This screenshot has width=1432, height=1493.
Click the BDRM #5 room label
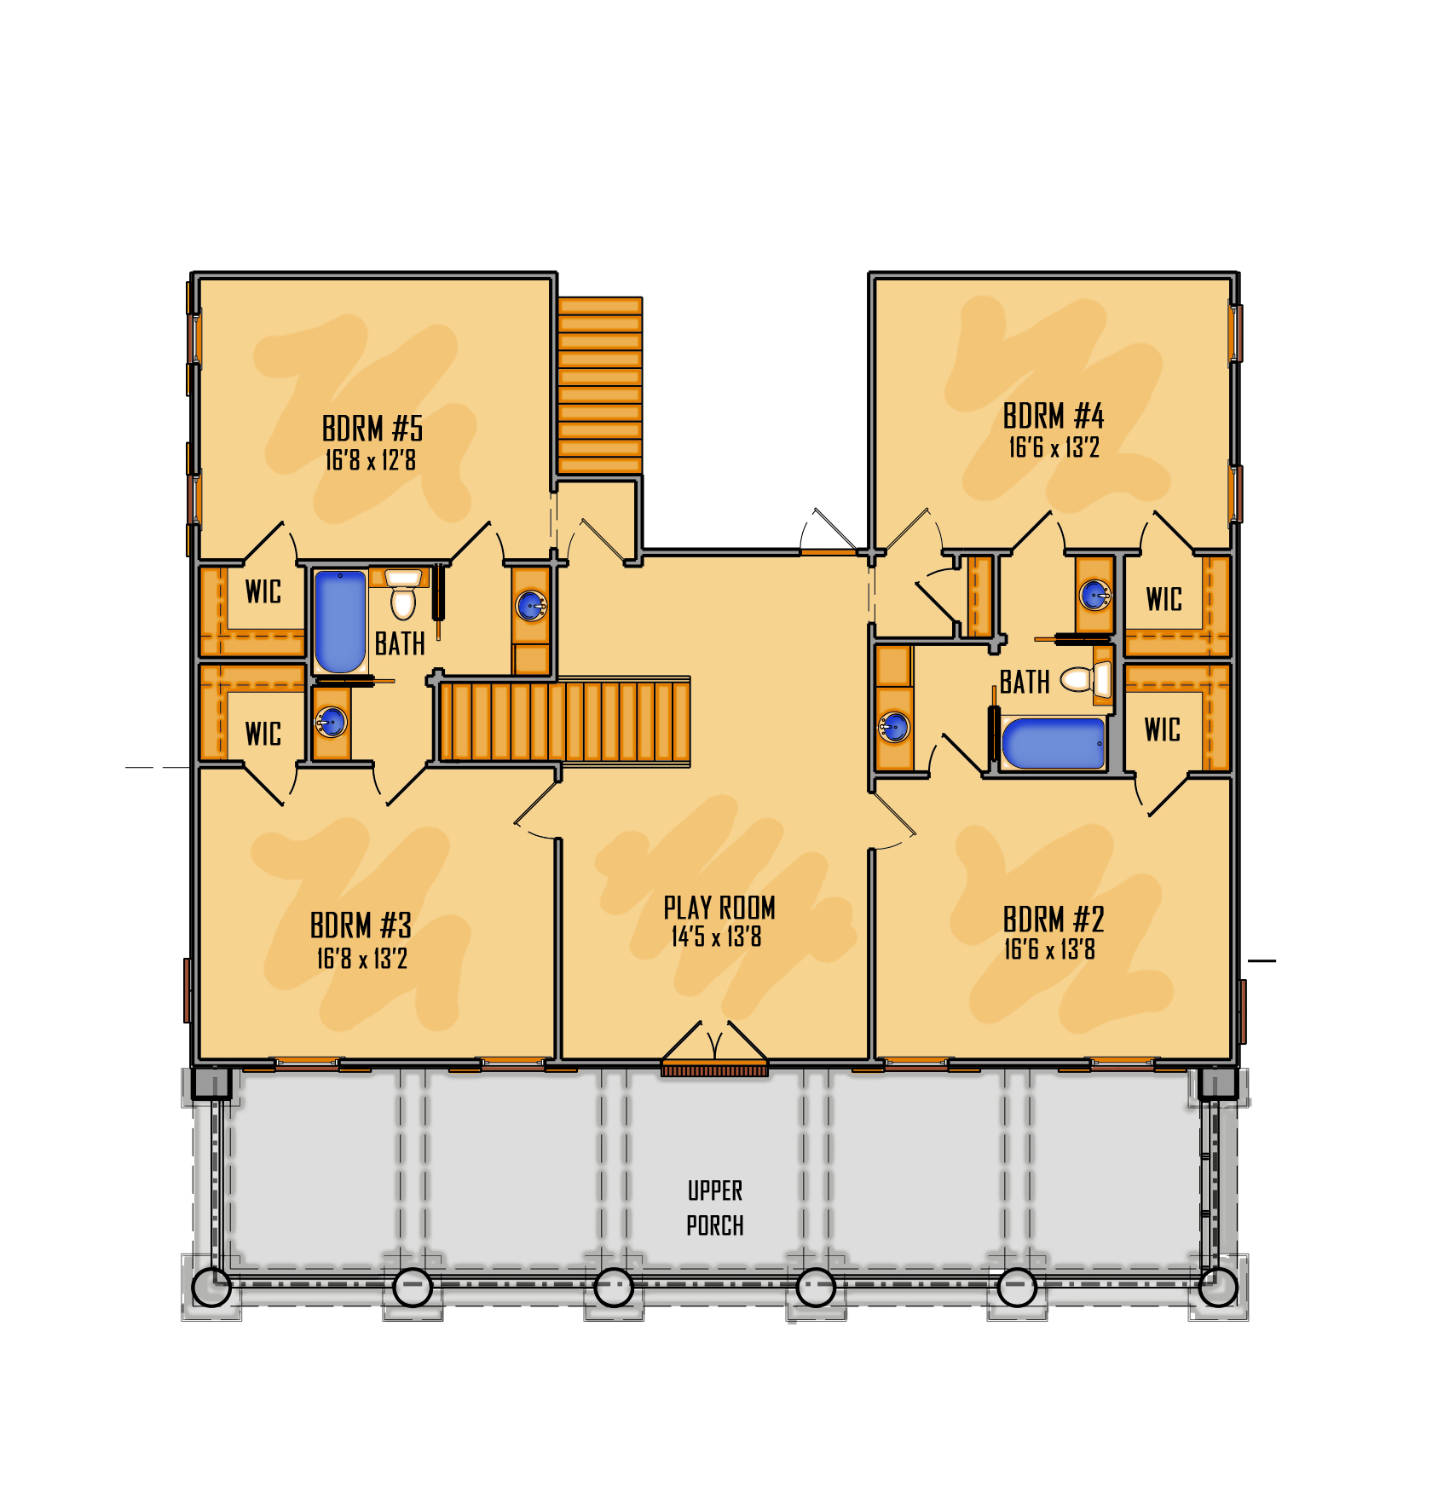pos(372,429)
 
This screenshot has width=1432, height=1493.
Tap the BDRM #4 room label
pos(1054,416)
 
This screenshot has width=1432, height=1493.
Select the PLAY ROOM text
pos(719,908)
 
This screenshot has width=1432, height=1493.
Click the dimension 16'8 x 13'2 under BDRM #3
pos(362,959)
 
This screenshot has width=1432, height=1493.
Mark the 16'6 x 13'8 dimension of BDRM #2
pos(1049,949)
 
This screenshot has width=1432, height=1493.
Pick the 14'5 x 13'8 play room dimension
pos(716,937)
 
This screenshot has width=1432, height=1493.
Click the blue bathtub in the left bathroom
pos(340,621)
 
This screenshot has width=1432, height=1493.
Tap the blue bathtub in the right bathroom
pos(1054,743)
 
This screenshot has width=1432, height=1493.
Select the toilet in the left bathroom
pos(403,597)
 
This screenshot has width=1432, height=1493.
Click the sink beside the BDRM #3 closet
pos(331,723)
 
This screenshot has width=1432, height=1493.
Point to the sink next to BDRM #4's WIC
pos(1094,594)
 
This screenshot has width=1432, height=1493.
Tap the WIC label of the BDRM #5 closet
pos(263,591)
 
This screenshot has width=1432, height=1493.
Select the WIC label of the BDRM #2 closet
pos(1163,729)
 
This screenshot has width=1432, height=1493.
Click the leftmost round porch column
pos(211,1287)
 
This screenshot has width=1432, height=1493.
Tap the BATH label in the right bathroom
pos(1025,682)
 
